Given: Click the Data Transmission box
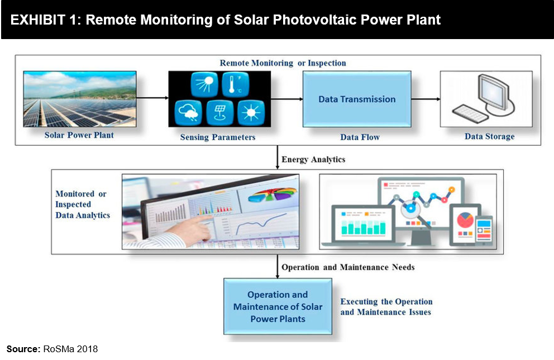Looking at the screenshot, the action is (x=357, y=99).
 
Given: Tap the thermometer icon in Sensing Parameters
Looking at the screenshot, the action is (x=236, y=84).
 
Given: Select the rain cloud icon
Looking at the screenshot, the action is (x=188, y=113).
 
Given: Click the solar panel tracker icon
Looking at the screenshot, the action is (x=220, y=113).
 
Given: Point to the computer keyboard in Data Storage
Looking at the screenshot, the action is (x=470, y=113).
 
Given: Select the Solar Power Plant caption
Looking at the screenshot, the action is (x=79, y=135).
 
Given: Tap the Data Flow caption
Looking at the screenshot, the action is (x=360, y=137).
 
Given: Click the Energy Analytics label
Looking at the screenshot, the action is (x=313, y=160).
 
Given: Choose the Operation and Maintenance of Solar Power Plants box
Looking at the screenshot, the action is (x=278, y=306).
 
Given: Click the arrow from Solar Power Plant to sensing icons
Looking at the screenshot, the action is (x=152, y=98).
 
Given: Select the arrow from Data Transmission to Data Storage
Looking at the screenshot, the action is (x=426, y=99).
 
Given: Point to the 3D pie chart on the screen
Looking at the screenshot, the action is (x=273, y=194).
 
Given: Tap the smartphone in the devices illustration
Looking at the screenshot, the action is (x=484, y=230).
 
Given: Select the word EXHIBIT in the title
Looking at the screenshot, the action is (x=38, y=20).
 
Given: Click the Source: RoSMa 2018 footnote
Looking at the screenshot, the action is (x=52, y=349).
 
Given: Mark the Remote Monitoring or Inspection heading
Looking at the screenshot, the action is (x=283, y=63).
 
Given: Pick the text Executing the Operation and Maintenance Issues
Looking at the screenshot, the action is (x=386, y=307).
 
